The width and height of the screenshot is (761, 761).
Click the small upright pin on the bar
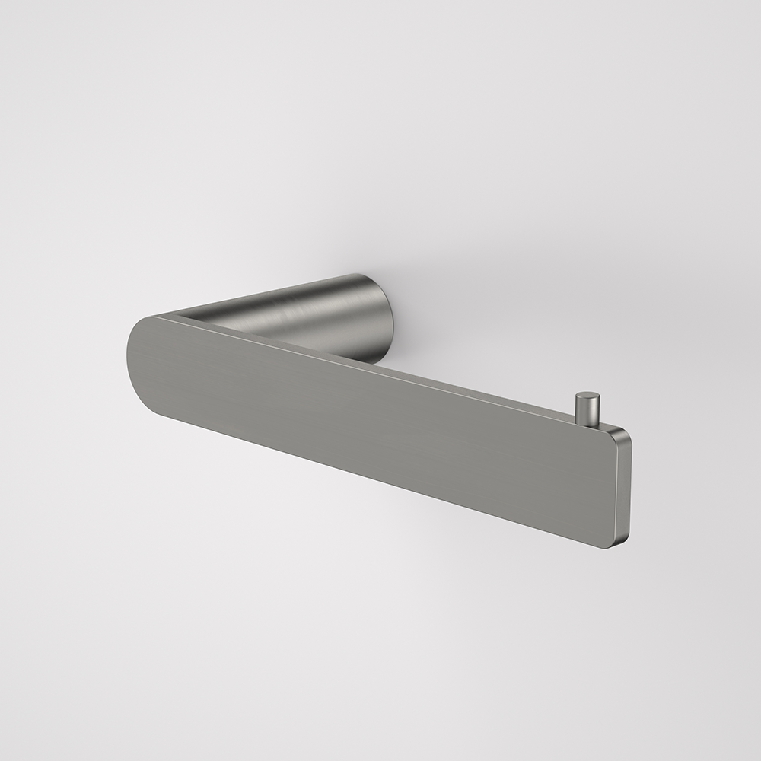[x=586, y=409]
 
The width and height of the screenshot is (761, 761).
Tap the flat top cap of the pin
[x=587, y=396]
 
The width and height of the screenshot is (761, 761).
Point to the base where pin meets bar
[x=586, y=423]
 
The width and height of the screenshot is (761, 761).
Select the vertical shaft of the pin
[x=586, y=412]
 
